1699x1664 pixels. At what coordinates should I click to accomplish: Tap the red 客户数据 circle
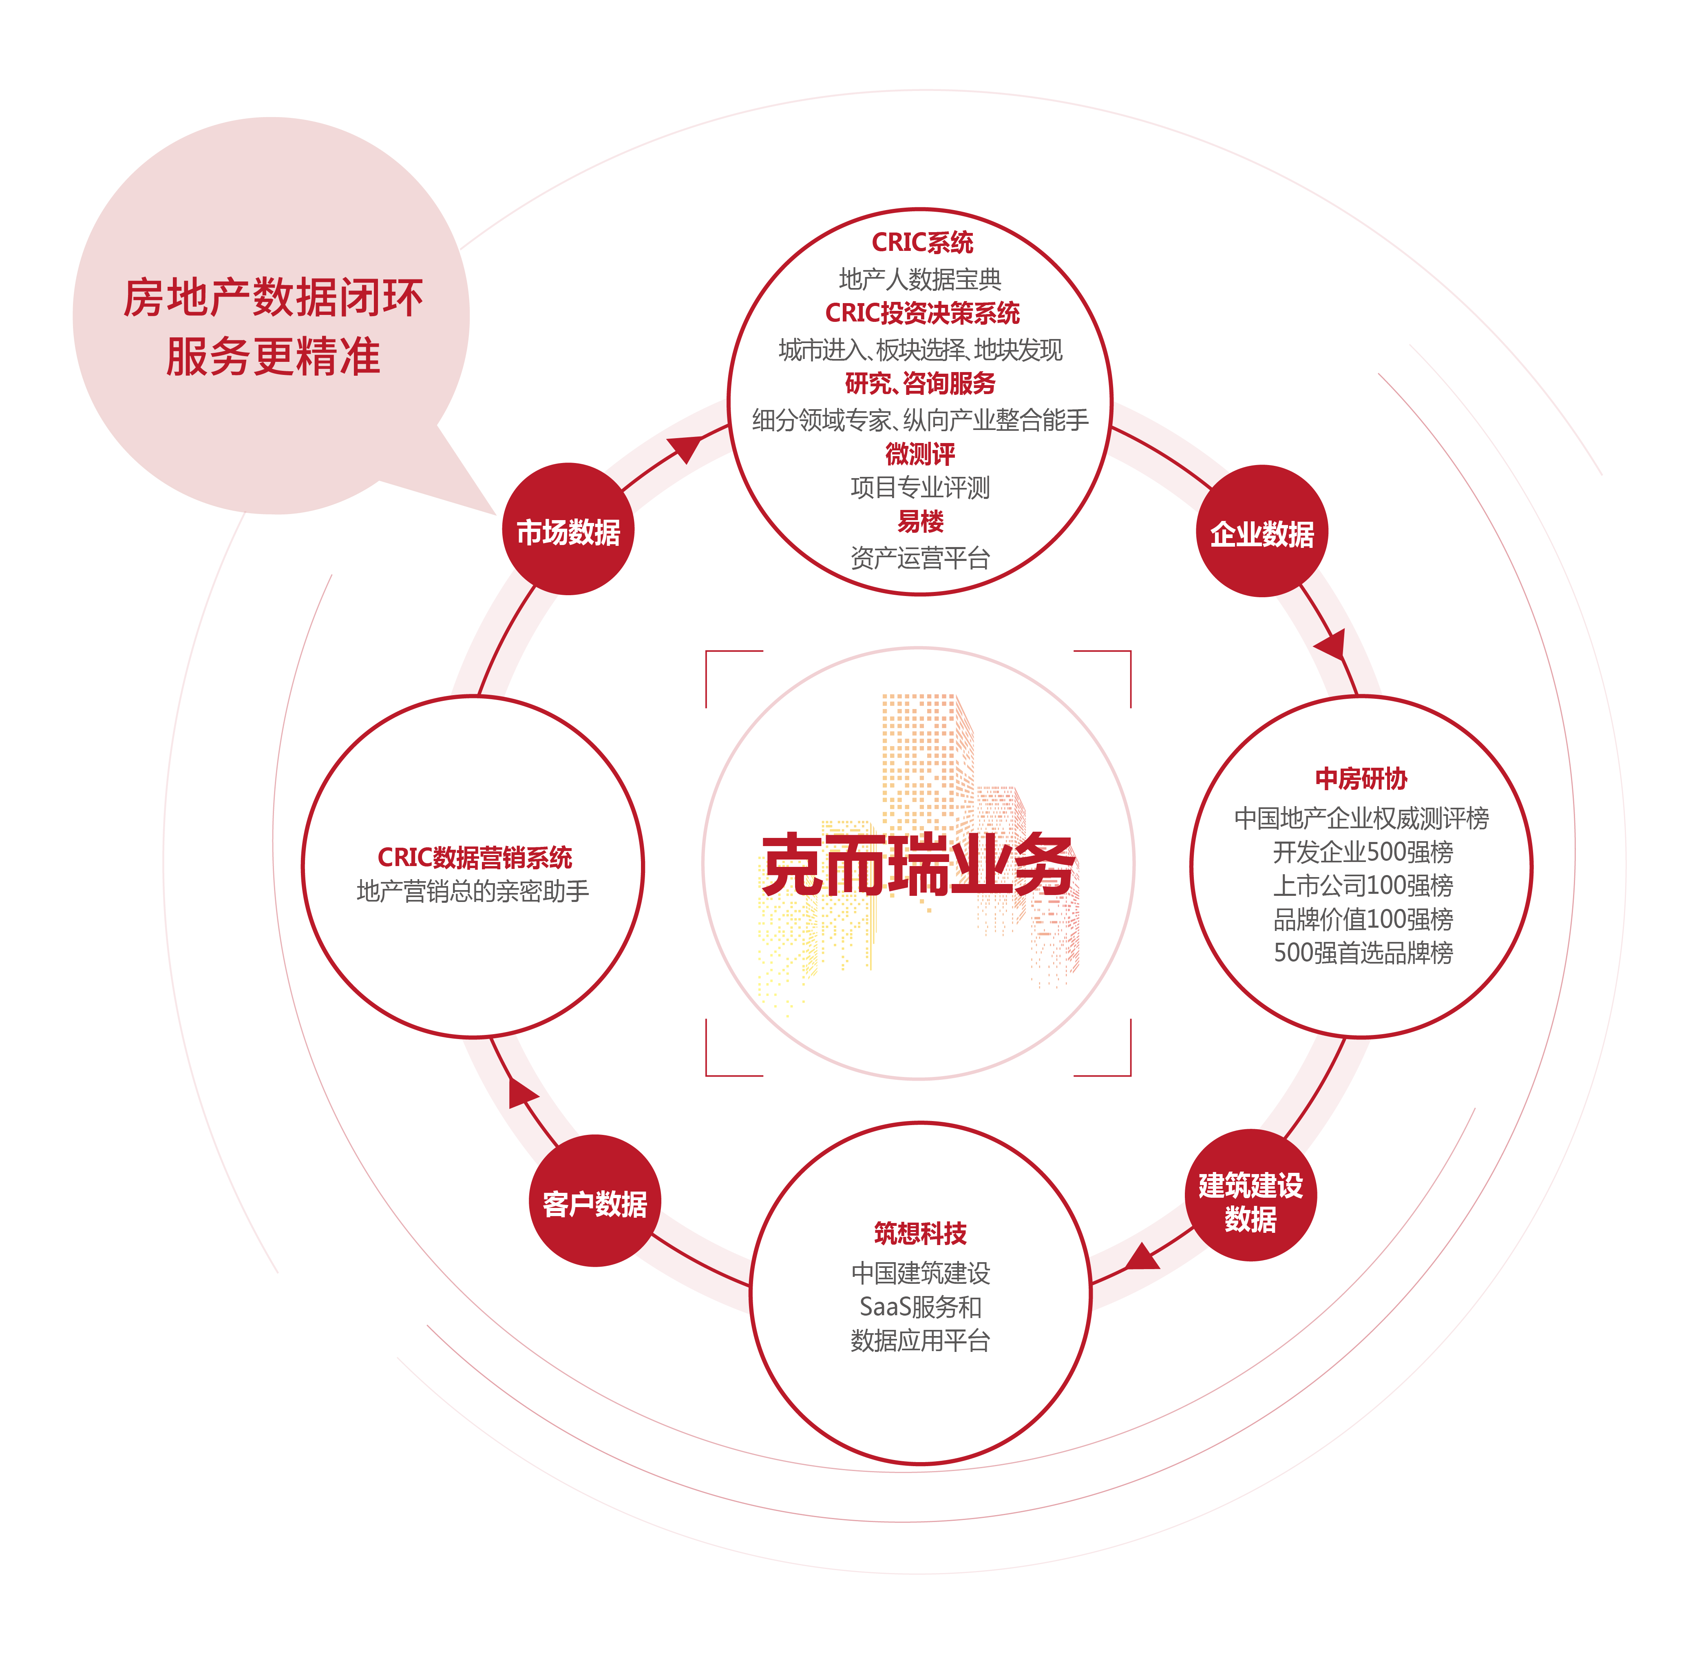(x=595, y=1201)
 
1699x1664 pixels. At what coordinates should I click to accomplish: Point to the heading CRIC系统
(x=921, y=242)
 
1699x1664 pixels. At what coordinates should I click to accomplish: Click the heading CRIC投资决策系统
(x=921, y=313)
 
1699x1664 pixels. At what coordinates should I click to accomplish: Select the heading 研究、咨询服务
(x=920, y=383)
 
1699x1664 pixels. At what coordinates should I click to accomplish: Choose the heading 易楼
(x=920, y=522)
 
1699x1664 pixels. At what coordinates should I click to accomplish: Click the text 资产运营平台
(x=920, y=558)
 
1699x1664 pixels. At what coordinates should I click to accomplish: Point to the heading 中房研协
(x=1361, y=778)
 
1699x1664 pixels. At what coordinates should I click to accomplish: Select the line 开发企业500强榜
(x=1363, y=851)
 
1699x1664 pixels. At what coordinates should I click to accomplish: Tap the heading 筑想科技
(x=920, y=1233)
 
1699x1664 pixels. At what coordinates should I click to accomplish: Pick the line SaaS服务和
(x=920, y=1307)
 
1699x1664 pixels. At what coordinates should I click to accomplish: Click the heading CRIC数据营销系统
(x=474, y=857)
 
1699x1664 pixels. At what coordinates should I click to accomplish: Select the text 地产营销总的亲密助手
(x=473, y=891)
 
